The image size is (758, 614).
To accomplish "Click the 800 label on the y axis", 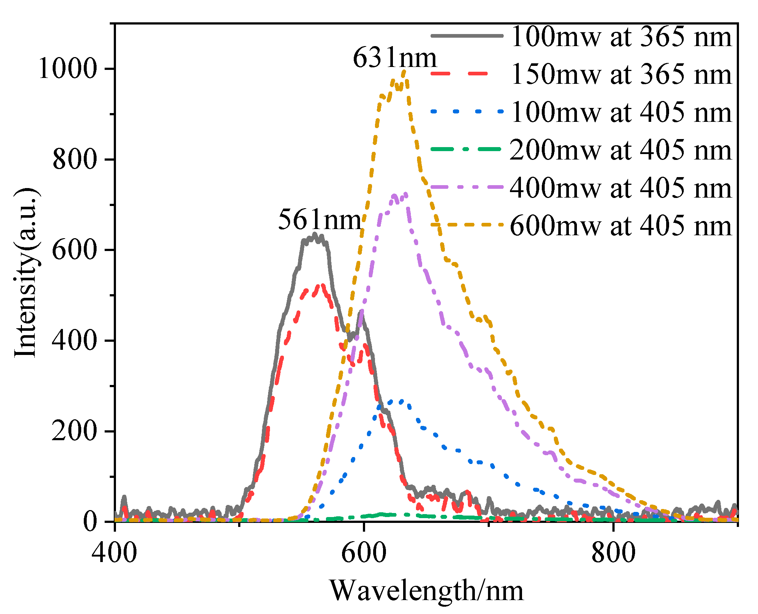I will click(x=75, y=160).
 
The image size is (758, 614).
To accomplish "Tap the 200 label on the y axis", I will click(x=75, y=431).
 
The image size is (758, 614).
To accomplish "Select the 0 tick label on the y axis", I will click(x=90, y=521).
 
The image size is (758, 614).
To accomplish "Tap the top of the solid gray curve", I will click(x=314, y=234).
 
